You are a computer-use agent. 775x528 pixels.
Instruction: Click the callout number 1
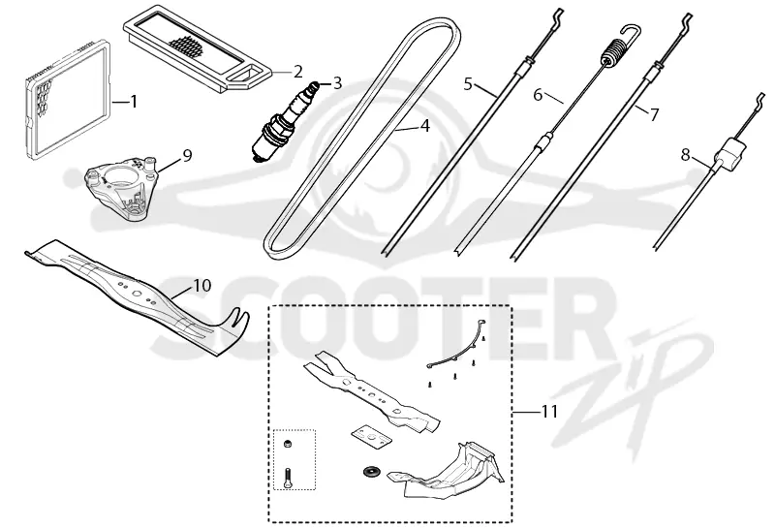133,102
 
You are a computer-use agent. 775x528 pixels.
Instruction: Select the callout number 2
297,72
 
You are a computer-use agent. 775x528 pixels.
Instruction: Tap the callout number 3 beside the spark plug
337,82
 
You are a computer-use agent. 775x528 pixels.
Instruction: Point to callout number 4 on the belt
424,126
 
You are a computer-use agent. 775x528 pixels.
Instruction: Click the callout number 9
187,156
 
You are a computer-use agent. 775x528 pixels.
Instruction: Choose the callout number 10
202,285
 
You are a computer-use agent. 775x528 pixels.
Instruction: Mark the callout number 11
549,412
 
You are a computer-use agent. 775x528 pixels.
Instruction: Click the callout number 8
685,155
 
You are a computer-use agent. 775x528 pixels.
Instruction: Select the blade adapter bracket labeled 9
122,188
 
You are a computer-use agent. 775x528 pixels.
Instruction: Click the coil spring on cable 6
614,53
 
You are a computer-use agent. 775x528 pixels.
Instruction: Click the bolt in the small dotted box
288,478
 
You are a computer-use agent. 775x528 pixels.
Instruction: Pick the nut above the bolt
286,444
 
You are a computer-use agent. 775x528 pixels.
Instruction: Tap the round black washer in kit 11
369,471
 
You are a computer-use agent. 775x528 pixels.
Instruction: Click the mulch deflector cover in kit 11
445,470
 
